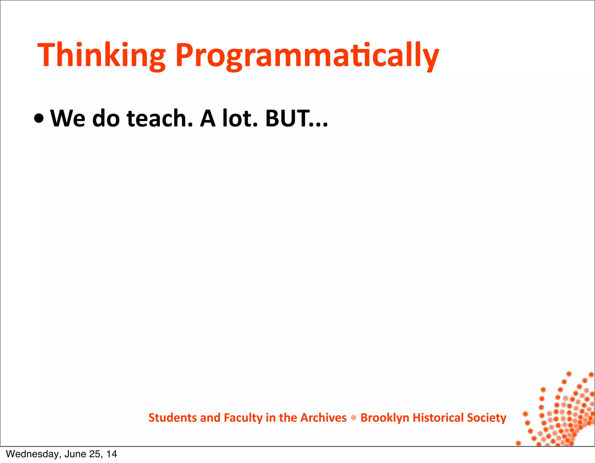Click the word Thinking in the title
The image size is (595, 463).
(x=101, y=55)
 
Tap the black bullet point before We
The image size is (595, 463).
(x=39, y=119)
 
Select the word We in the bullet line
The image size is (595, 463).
(x=68, y=119)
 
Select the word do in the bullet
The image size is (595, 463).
(x=106, y=119)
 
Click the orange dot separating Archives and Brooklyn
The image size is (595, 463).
(x=354, y=418)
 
